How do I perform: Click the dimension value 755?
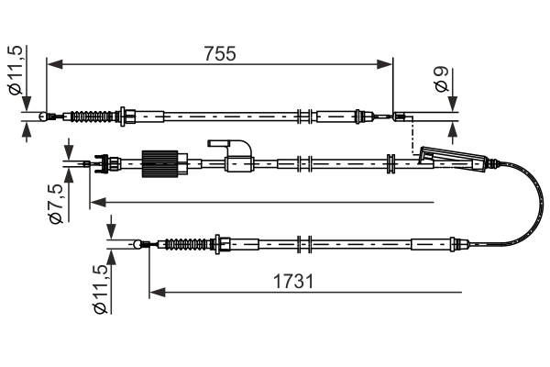click(x=220, y=53)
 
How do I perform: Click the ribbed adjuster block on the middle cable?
click(x=161, y=165)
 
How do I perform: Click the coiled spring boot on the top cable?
click(x=91, y=117)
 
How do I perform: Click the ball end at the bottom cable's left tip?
click(x=140, y=244)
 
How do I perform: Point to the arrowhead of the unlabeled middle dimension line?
click(x=95, y=200)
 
